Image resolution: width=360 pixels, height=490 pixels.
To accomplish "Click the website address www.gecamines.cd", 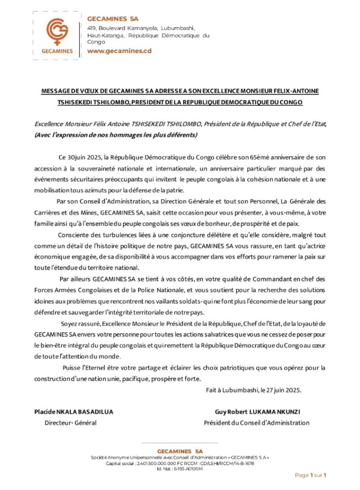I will [119, 51].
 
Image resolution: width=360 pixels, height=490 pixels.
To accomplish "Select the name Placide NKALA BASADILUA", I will [74, 412].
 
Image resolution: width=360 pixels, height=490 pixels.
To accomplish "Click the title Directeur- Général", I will [70, 423].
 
